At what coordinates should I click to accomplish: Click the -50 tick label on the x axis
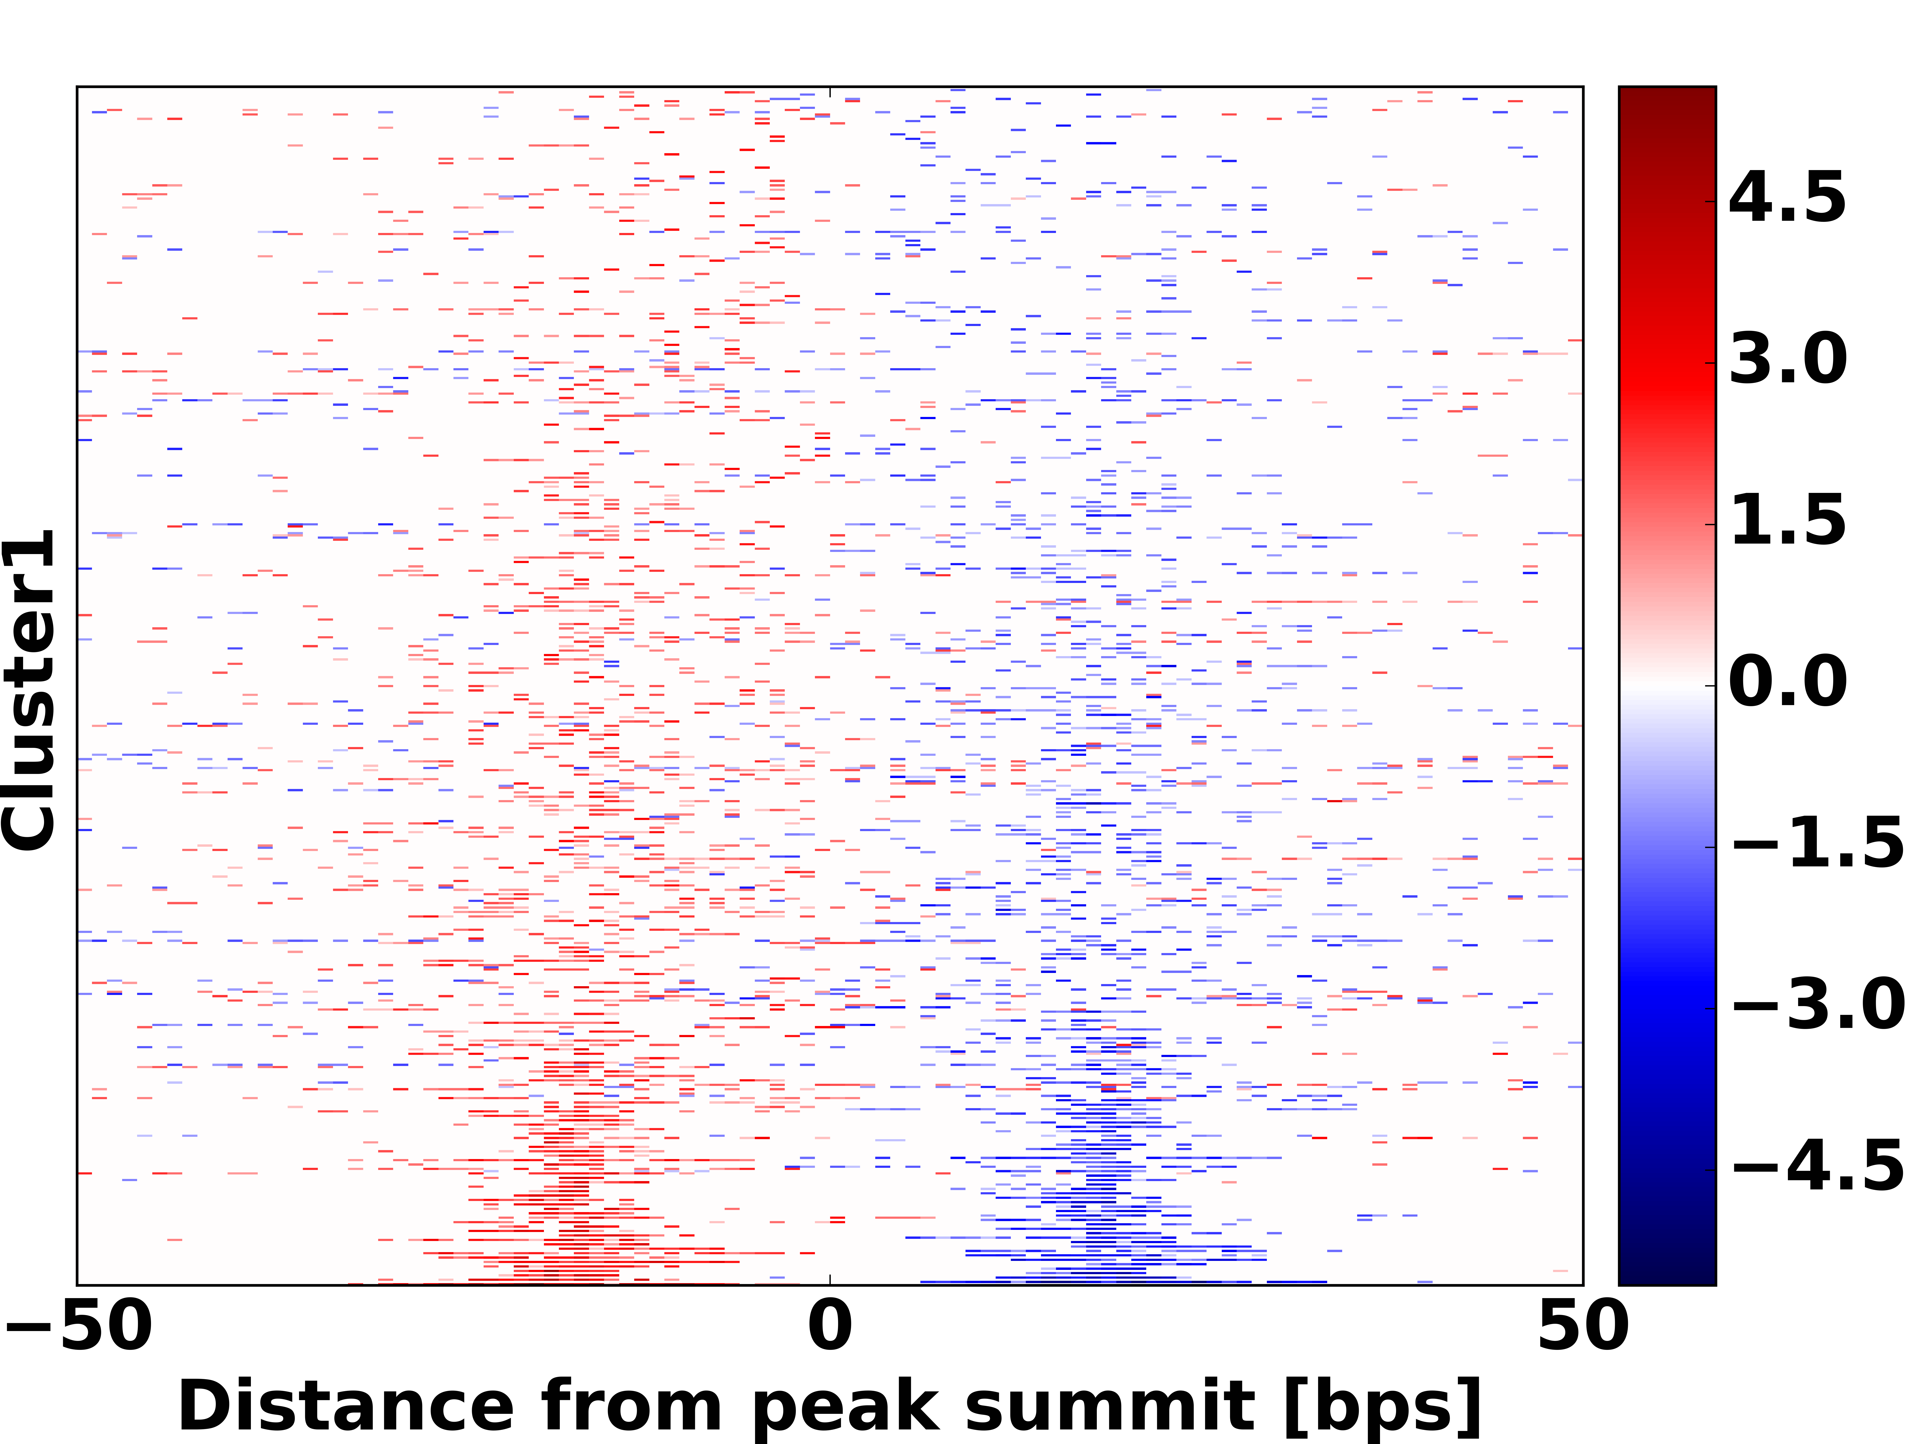click(78, 1327)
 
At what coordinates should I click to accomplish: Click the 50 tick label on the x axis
click(1582, 1327)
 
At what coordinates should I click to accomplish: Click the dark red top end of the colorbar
click(1667, 96)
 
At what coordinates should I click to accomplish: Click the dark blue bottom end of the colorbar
click(1667, 1275)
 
